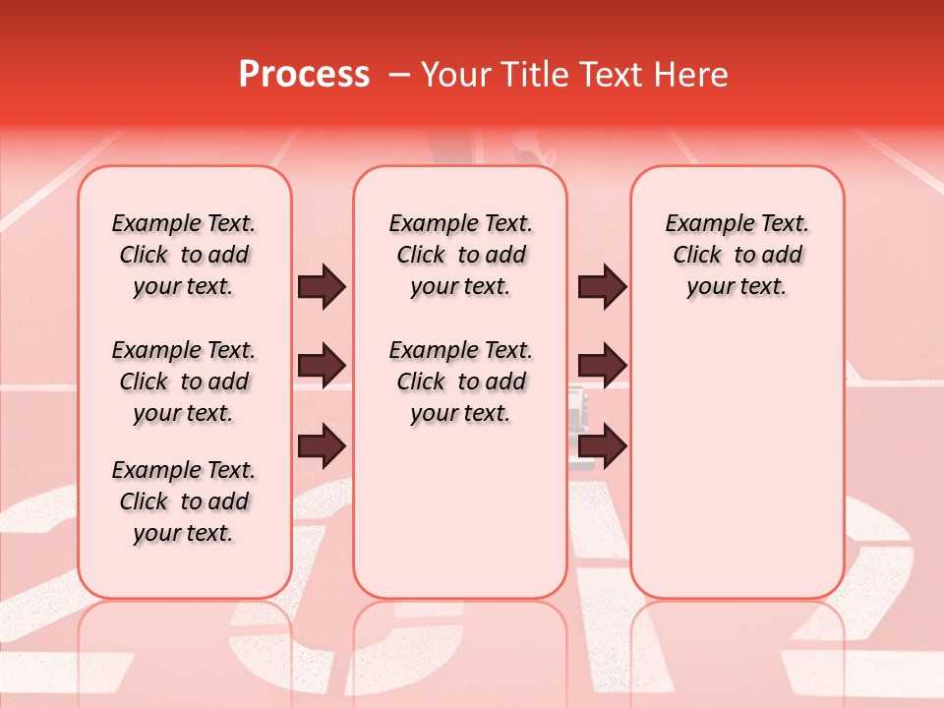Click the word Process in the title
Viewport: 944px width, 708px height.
coord(304,75)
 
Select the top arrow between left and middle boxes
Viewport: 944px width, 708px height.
coord(322,287)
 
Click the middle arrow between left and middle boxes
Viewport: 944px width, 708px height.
coord(322,367)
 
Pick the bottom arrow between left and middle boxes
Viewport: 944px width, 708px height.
coord(322,445)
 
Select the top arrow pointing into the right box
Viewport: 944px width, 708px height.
coord(603,287)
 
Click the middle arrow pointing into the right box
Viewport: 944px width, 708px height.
coord(603,367)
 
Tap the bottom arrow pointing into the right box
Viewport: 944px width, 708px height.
coord(603,445)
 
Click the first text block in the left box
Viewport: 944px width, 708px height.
coord(184,255)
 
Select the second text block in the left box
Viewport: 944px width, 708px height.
coord(184,382)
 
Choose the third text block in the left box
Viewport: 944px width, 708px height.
coord(184,501)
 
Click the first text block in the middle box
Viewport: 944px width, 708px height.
coord(460,255)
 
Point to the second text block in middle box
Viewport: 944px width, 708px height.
coord(460,382)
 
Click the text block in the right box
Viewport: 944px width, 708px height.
coord(737,255)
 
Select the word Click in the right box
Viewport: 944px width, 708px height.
coord(697,256)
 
